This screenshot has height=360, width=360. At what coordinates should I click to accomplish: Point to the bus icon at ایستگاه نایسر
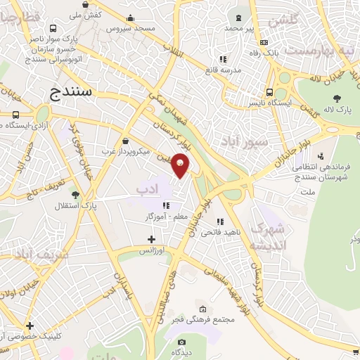[270, 92]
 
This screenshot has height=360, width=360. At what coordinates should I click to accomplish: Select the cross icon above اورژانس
[151, 240]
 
